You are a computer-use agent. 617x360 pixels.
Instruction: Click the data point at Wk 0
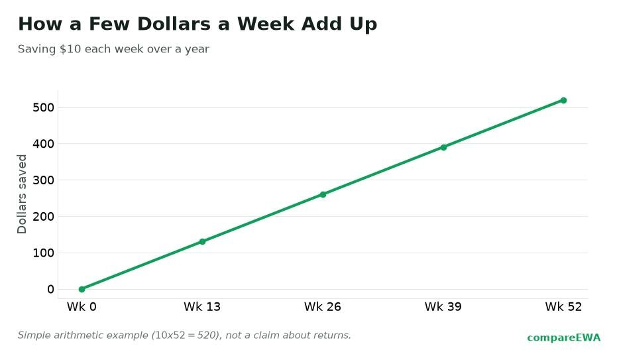[x=82, y=289]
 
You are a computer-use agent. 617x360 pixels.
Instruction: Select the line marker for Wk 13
[x=202, y=241]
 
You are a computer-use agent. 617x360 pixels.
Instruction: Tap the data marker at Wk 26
[x=323, y=194]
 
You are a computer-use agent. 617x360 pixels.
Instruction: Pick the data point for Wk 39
[x=443, y=148]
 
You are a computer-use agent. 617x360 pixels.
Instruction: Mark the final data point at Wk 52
[x=563, y=100]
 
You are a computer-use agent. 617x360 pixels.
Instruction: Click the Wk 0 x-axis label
[x=82, y=307]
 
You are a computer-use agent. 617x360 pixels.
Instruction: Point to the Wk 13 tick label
[x=202, y=307]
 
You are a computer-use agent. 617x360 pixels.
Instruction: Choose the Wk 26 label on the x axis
[x=323, y=307]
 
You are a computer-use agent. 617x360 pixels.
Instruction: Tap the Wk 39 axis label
[x=443, y=307]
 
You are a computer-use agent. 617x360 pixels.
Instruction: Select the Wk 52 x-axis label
[x=563, y=307]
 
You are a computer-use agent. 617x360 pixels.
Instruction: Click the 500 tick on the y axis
[x=43, y=107]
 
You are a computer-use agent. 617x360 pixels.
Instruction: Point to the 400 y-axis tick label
[x=43, y=144]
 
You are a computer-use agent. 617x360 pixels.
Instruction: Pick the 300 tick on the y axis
[x=43, y=180]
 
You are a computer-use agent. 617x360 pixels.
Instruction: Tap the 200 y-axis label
[x=43, y=216]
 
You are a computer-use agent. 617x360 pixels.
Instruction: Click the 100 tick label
[x=43, y=253]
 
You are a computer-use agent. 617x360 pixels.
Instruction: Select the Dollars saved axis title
[x=22, y=194]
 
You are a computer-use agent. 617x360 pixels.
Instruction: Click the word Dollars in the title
[x=174, y=24]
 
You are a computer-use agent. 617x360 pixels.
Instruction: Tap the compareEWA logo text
[x=564, y=338]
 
